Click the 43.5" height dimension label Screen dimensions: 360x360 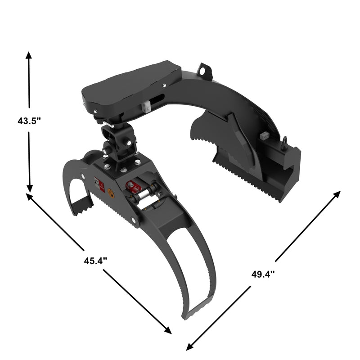coord(29,121)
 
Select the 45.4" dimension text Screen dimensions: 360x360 coord(95,260)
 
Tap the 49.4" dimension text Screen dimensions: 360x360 coord(263,274)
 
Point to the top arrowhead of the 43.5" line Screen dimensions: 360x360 coord(29,55)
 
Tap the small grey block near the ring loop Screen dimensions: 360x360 coord(264,135)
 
